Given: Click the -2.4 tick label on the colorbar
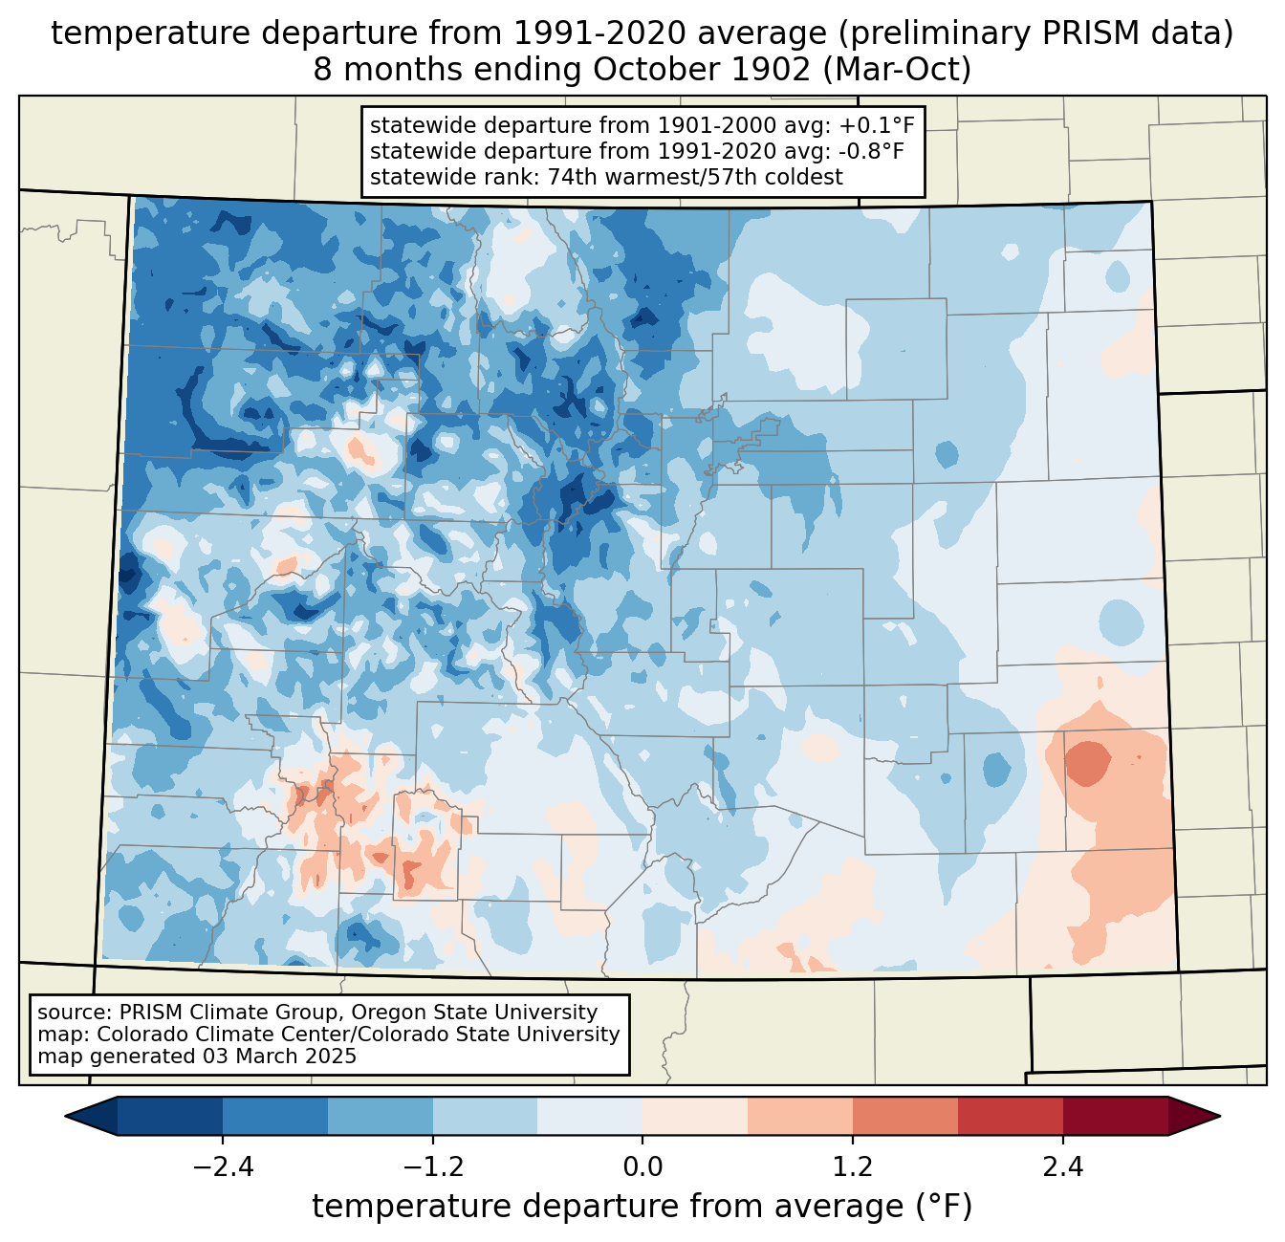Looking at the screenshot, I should pos(223,1167).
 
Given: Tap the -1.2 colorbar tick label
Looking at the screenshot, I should pos(433,1167).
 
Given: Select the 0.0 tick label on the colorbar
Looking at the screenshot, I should pos(642,1167).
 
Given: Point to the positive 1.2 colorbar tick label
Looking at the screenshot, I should pos(853,1167).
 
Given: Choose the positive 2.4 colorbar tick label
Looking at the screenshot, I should pos(1062,1167).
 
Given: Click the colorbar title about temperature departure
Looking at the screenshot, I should pos(642,1207).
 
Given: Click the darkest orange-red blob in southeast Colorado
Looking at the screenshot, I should pos(1087,763).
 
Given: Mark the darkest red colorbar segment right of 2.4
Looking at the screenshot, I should pos(1115,1116).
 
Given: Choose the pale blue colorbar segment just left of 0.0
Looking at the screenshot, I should pos(590,1116).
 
